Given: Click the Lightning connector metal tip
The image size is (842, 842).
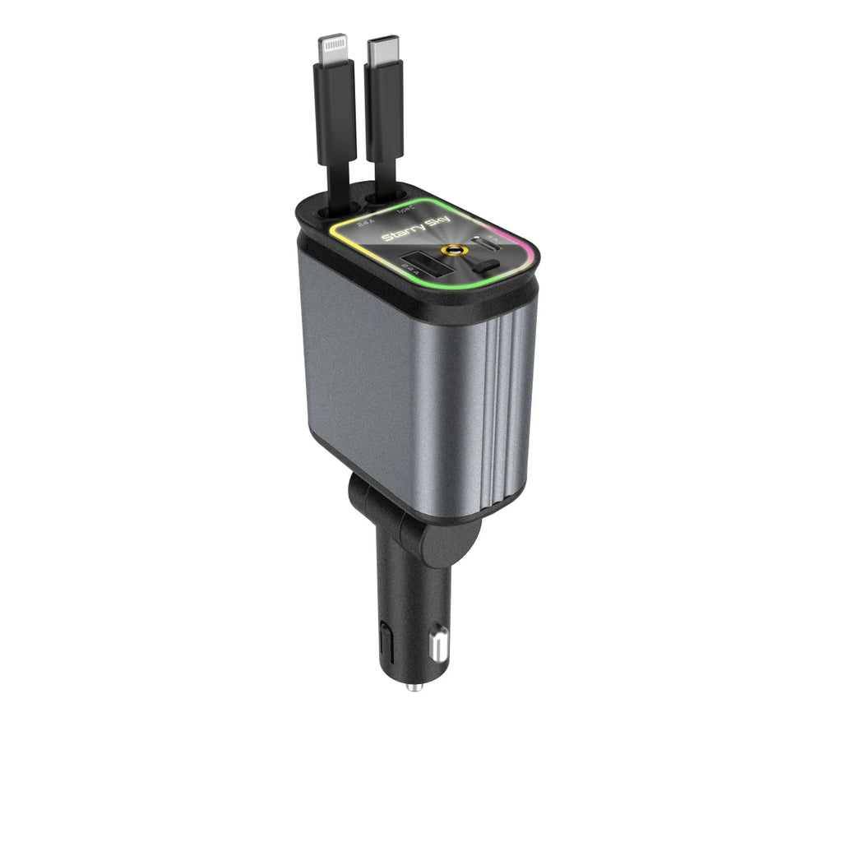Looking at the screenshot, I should click(x=334, y=49).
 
